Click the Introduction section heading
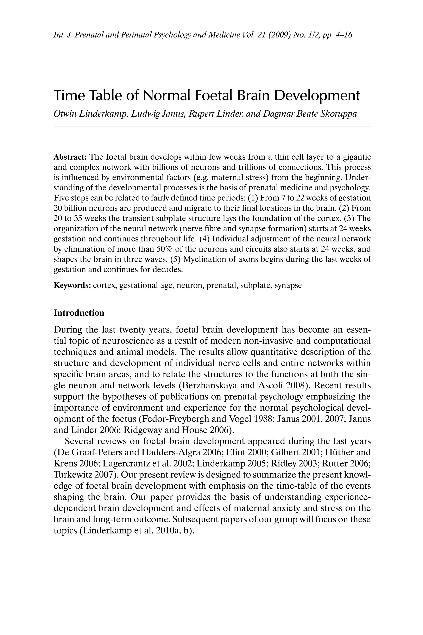click(79, 313)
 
